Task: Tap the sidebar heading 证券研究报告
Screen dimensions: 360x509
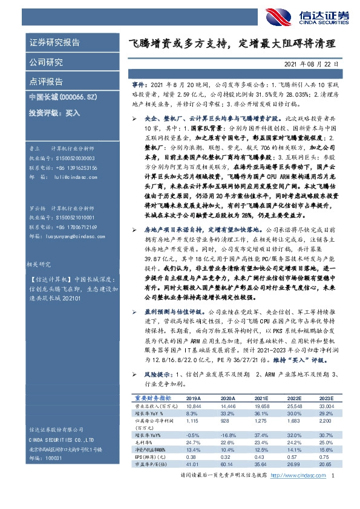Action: pyautogui.click(x=54, y=43)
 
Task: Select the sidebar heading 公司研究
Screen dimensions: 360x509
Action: pyautogui.click(x=46, y=62)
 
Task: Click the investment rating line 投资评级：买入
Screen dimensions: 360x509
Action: pyautogui.click(x=54, y=112)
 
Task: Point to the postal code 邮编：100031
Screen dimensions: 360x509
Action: pyautogui.click(x=46, y=459)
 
